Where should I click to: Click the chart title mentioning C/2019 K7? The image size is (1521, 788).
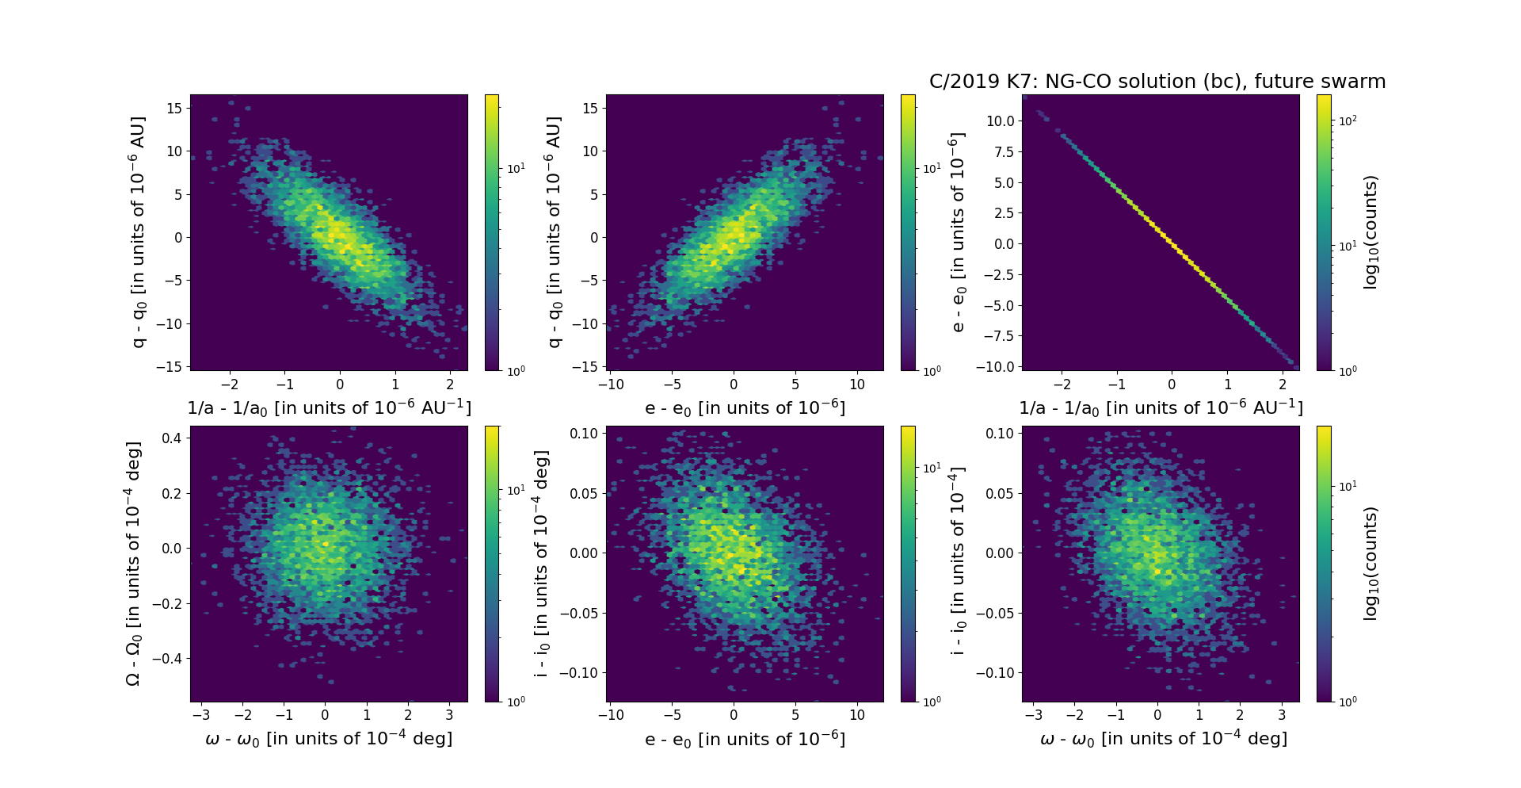pos(1157,82)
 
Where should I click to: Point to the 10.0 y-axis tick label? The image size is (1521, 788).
pos(1001,120)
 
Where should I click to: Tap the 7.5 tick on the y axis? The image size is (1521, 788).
pos(1004,151)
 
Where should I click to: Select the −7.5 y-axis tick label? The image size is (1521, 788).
pos(1000,336)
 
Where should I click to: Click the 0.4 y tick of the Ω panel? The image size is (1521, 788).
pos(173,438)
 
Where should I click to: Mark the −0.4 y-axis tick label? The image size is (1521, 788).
pos(167,659)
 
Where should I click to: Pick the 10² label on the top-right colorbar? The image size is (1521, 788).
pos(1348,120)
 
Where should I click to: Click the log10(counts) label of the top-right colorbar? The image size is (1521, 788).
pos(1370,232)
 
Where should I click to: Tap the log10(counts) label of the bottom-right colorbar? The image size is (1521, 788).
pos(1370,564)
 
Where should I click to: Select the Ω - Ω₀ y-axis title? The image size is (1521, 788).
pos(133,564)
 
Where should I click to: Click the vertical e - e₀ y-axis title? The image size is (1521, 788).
pos(958,232)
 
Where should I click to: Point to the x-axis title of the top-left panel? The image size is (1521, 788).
pos(329,408)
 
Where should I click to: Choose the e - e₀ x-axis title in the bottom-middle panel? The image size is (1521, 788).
pos(745,740)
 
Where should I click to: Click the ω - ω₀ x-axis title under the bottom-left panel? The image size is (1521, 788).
pos(329,739)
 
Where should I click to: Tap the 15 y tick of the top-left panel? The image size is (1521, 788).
pos(174,108)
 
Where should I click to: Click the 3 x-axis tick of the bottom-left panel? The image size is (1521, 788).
pos(449,715)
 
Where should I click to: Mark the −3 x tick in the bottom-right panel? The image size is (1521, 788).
pos(1033,715)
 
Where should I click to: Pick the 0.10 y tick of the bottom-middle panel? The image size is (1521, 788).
pos(583,433)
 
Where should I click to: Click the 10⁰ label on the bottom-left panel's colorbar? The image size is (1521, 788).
pos(516,702)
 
